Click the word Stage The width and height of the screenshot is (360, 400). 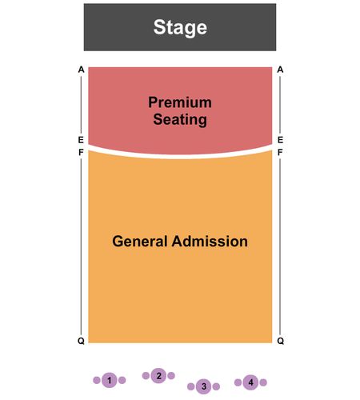(x=180, y=27)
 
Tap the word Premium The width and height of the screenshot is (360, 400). (x=180, y=102)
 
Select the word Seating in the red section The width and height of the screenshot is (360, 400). (x=180, y=119)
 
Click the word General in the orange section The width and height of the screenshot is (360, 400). (x=140, y=242)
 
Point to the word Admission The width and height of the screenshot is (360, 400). (x=210, y=242)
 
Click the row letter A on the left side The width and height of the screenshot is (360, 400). (x=81, y=70)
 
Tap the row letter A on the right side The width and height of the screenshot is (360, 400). (x=280, y=70)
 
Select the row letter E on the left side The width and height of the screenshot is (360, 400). (x=81, y=140)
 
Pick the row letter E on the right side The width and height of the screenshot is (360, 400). (x=280, y=140)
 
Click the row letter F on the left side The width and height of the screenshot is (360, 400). (x=81, y=152)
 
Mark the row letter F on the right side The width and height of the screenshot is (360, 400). (x=280, y=152)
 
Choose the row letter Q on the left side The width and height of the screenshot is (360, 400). (x=81, y=341)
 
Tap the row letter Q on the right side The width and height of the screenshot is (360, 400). (x=281, y=341)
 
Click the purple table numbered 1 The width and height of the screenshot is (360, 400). (x=110, y=380)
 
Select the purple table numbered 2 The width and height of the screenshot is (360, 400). (x=158, y=376)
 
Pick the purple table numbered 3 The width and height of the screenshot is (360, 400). (x=204, y=386)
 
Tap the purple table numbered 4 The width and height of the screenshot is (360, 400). (x=250, y=382)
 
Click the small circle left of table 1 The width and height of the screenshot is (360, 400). (x=97, y=380)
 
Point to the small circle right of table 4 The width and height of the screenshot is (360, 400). (x=263, y=382)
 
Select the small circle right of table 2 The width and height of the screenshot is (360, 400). (x=171, y=376)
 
